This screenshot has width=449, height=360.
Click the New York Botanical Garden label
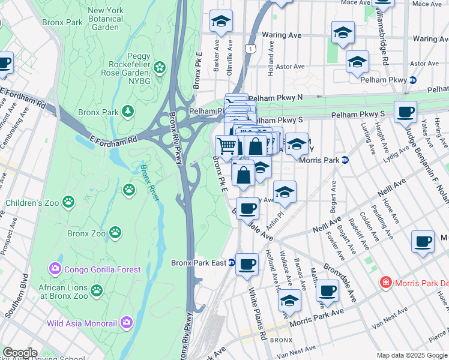(105, 19)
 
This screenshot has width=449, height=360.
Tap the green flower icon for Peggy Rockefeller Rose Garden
(160, 67)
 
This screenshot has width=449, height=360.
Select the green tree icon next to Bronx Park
(127, 112)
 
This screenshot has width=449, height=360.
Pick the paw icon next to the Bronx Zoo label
(115, 232)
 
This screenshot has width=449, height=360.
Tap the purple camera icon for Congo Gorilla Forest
(56, 269)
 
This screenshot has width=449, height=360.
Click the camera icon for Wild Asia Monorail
(126, 323)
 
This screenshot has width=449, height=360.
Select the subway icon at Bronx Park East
(231, 263)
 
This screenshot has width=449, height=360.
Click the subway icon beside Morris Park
(345, 160)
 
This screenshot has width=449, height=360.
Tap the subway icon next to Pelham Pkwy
(413, 80)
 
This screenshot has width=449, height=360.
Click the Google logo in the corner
(19, 353)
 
